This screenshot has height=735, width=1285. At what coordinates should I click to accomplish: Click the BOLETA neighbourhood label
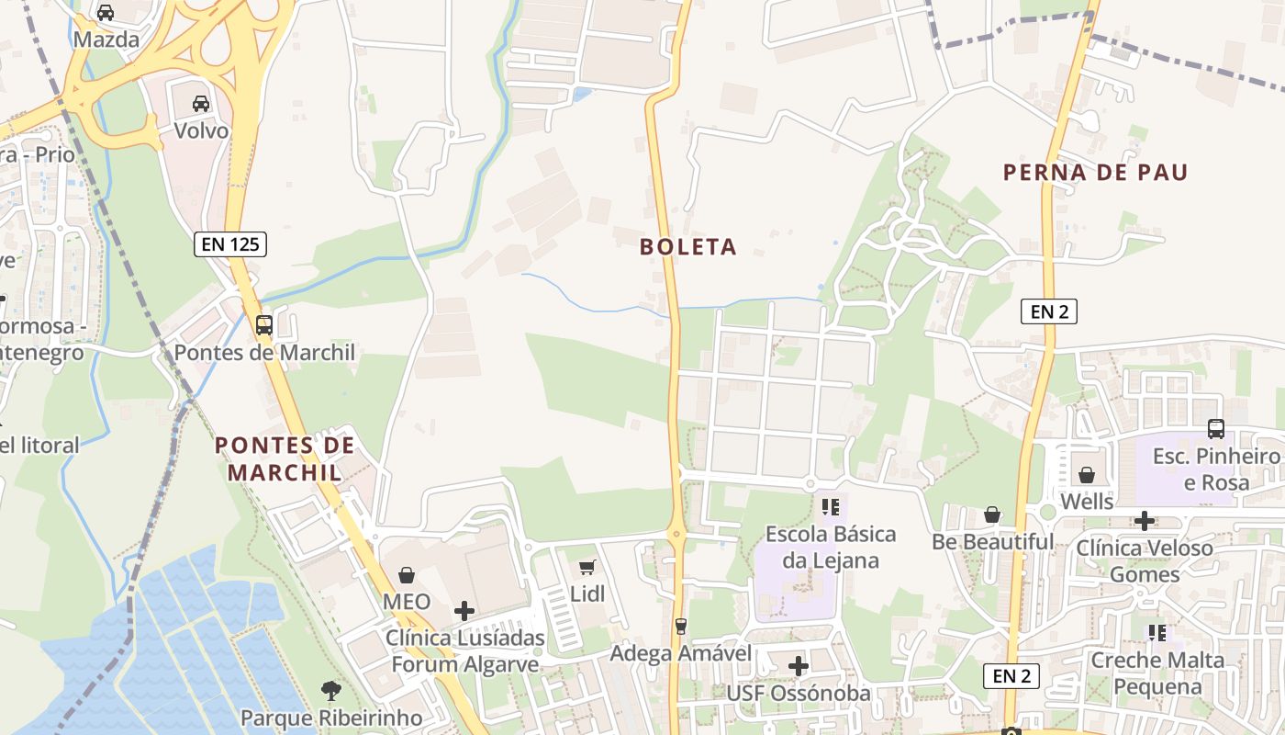(688, 246)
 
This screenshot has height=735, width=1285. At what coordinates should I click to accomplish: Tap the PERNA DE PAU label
(1095, 173)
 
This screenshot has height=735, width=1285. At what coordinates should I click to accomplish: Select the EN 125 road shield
(230, 244)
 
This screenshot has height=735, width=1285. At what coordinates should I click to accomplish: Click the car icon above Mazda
(106, 13)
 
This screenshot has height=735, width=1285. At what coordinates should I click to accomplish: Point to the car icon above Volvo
(201, 103)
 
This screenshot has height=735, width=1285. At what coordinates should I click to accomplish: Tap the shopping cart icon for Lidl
(587, 567)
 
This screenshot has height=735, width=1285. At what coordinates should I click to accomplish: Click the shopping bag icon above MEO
(407, 575)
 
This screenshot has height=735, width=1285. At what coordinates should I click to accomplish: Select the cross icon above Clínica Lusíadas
(464, 610)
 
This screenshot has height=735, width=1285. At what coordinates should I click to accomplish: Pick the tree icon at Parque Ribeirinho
(330, 690)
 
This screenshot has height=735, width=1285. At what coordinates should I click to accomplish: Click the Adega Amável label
(681, 653)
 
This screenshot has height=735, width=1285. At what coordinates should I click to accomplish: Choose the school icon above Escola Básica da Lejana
(831, 506)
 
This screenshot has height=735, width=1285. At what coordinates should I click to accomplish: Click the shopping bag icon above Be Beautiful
(992, 514)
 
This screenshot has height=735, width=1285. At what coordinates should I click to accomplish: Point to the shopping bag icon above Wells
(1087, 475)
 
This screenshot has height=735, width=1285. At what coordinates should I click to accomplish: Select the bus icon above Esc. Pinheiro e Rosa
(1216, 428)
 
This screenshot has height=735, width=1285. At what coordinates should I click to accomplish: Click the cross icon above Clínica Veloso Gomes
(1145, 521)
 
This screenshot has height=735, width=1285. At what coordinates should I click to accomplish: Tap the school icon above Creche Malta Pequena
(1157, 633)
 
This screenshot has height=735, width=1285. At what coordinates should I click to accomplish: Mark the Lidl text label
(587, 594)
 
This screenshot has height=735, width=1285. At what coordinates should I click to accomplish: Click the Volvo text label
(201, 130)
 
